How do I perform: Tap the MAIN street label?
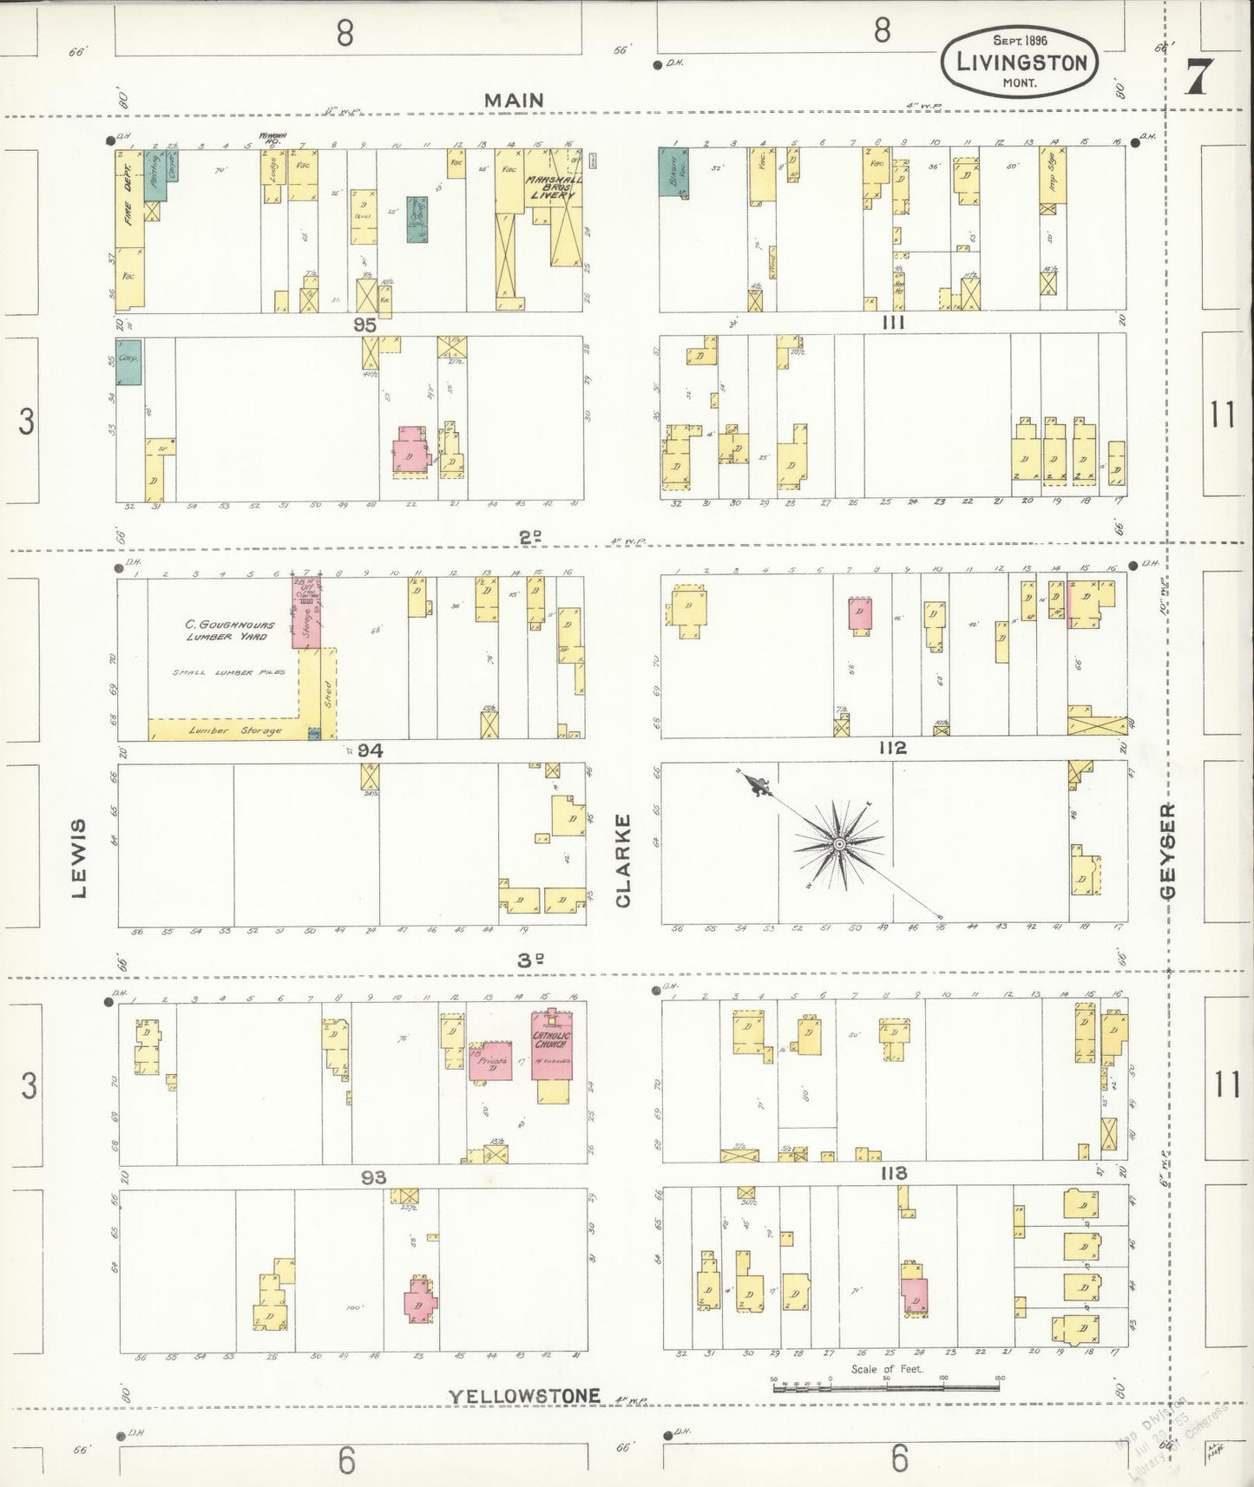(514, 101)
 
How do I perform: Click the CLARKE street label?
(622, 861)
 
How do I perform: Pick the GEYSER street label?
(1168, 850)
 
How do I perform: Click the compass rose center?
(839, 843)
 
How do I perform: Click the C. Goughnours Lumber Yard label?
(229, 630)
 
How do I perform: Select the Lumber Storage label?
(235, 730)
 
